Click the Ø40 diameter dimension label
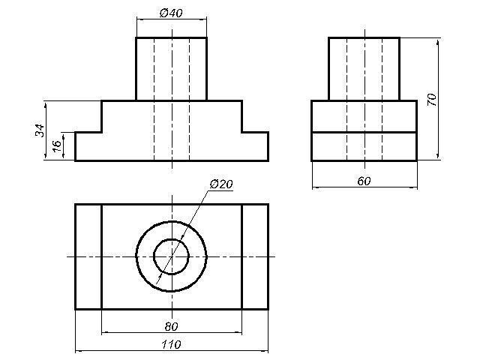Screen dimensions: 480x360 tap(171, 13)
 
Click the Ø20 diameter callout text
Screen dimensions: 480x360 tap(221, 184)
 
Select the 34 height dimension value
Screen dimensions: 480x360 tap(40, 130)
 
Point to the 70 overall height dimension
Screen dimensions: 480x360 tap(432, 100)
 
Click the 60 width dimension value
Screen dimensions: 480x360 tap(364, 181)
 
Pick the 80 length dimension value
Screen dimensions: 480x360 tap(171, 327)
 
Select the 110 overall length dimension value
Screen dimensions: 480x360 tap(171, 345)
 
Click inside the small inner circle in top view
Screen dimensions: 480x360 tap(172, 256)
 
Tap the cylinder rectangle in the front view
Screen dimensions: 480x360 tap(172, 69)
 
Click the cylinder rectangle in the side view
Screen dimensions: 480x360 tap(364, 69)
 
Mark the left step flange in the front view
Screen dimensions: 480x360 tap(88, 146)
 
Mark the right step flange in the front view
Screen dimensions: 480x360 tap(255, 146)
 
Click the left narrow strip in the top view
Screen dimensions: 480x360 tap(88, 256)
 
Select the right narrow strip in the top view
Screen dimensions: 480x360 tap(255, 256)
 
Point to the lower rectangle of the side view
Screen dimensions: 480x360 tap(364, 147)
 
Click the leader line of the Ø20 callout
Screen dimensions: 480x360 tap(183, 237)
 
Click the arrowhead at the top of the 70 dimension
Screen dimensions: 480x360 tap(438, 41)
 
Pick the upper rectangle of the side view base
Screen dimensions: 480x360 tap(364, 116)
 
